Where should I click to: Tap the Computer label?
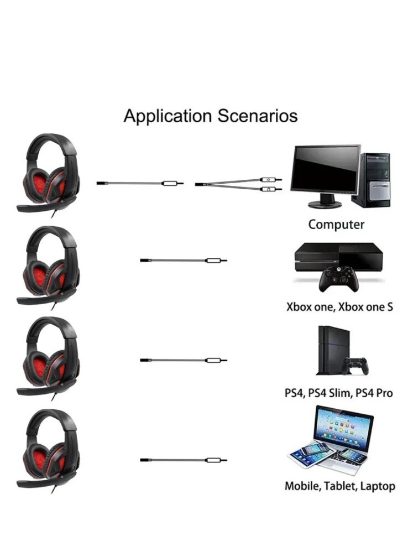pyautogui.click(x=336, y=225)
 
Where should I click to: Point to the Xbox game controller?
pyautogui.click(x=338, y=279)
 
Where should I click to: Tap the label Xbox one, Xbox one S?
pyautogui.click(x=339, y=306)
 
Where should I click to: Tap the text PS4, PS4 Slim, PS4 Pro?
pyautogui.click(x=339, y=393)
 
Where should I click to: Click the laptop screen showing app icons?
pyautogui.click(x=343, y=429)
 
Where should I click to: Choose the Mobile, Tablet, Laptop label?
pyautogui.click(x=339, y=487)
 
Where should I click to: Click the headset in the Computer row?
pyautogui.click(x=49, y=172)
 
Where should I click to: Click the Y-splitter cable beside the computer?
pyautogui.click(x=238, y=184)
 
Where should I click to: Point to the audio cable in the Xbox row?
pyautogui.click(x=183, y=260)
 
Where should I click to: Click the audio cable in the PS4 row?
pyautogui.click(x=183, y=360)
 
